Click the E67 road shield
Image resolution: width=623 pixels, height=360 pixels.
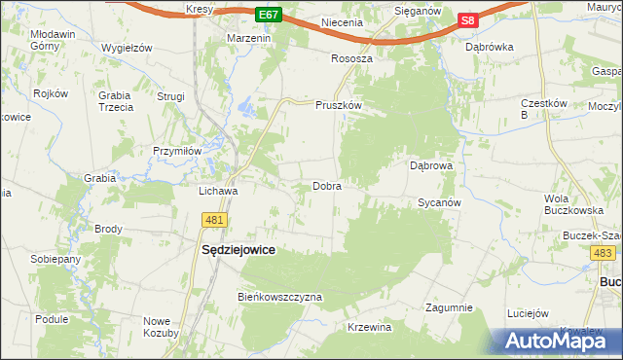pyautogui.click(x=271, y=16)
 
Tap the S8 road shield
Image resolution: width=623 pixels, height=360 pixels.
pyautogui.click(x=468, y=19)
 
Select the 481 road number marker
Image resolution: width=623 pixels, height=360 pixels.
pyautogui.click(x=215, y=221)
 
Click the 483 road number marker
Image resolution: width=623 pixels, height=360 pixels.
pyautogui.click(x=603, y=253)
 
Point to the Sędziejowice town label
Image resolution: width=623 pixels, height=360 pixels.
pyautogui.click(x=238, y=250)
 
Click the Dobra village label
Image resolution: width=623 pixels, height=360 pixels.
pyautogui.click(x=326, y=186)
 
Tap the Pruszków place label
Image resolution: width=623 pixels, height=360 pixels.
pyautogui.click(x=339, y=105)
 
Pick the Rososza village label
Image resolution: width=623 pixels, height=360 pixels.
pyautogui.click(x=352, y=58)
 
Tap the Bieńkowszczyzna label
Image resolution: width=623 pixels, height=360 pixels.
pyautogui.click(x=279, y=297)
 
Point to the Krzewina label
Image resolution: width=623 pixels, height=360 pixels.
pyautogui.click(x=369, y=327)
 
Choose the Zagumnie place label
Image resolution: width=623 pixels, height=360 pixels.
pyautogui.click(x=449, y=307)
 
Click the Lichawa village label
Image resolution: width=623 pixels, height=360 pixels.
pyautogui.click(x=218, y=192)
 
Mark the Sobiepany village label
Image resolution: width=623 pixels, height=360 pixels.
pyautogui.click(x=55, y=261)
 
